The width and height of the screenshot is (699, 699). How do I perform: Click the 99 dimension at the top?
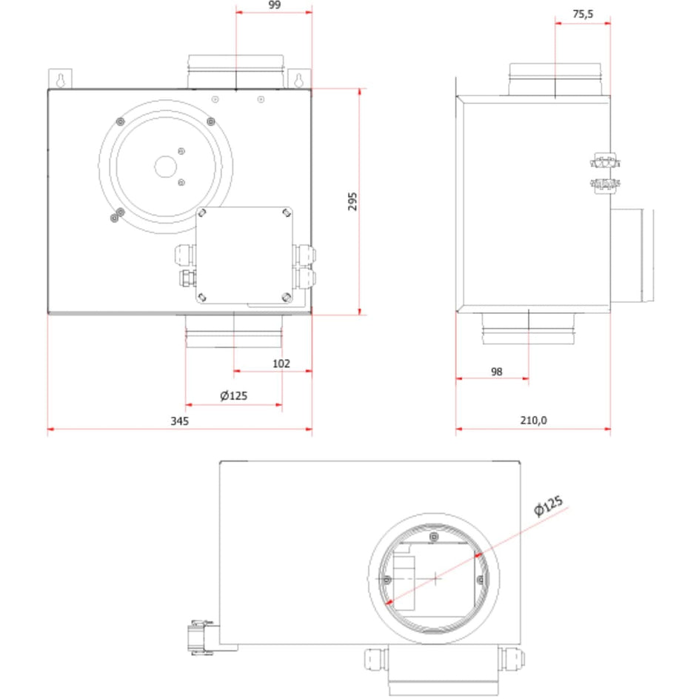pyautogui.click(x=274, y=5)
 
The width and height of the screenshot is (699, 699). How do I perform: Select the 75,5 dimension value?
pyautogui.click(x=583, y=15)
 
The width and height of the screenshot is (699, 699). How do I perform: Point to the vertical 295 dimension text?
pyautogui.click(x=352, y=201)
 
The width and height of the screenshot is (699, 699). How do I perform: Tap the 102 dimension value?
pyautogui.click(x=281, y=364)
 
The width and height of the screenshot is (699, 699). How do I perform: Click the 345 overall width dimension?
pyautogui.click(x=180, y=421)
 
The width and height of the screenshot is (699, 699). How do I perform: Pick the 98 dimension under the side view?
pyautogui.click(x=496, y=372)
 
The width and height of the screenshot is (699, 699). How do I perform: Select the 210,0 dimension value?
pyautogui.click(x=532, y=421)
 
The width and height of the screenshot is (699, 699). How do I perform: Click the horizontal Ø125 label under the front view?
pyautogui.click(x=234, y=395)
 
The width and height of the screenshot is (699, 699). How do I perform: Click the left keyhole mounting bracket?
pyautogui.click(x=59, y=78)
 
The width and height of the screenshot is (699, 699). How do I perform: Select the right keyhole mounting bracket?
pyautogui.click(x=300, y=78)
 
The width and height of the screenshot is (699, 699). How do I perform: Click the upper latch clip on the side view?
pyautogui.click(x=606, y=160)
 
